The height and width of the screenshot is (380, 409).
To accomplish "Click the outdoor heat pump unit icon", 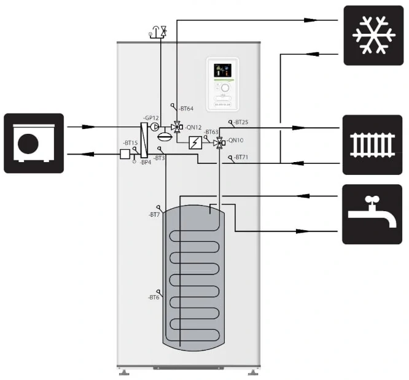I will point(34,143).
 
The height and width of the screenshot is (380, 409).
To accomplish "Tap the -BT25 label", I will point(241,122).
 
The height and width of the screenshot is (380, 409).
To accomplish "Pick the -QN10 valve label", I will point(235,139).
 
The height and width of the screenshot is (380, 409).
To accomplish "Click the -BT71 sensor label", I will point(241,158).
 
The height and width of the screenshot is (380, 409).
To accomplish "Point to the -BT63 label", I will point(211,132).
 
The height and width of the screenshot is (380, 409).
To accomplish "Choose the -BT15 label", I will point(131,142).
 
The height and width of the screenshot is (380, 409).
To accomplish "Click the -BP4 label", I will point(145,162).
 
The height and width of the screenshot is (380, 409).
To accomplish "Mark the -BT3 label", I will point(159,158).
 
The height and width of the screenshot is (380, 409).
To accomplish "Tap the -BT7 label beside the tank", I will point(154,214).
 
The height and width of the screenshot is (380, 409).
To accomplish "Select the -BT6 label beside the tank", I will point(154,297).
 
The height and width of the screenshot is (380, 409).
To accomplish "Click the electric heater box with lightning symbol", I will point(195,144).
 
